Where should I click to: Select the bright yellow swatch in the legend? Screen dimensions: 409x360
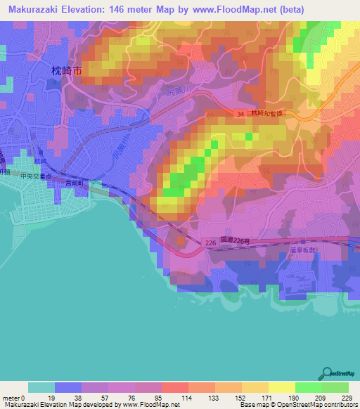[x=281, y=387]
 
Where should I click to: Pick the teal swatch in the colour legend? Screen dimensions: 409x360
[x=41, y=387]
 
